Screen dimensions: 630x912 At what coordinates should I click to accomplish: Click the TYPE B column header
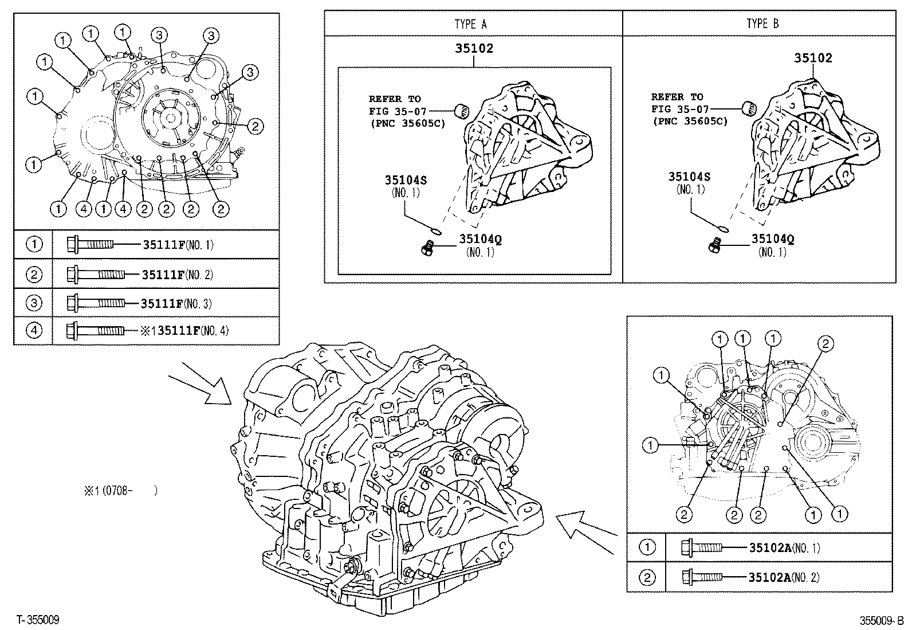coord(762,24)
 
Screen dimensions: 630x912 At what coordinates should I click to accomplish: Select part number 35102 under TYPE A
coord(474,49)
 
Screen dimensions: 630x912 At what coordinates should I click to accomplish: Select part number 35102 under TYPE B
coord(813,58)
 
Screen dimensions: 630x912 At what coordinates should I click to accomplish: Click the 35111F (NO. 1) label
coord(178,245)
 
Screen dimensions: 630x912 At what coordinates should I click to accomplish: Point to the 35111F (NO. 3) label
coord(176,303)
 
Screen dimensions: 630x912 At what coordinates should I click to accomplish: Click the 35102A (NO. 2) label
coord(784,576)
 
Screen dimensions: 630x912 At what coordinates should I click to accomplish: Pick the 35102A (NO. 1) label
coord(784,547)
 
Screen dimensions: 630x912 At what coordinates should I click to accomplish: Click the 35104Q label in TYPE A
coord(480,239)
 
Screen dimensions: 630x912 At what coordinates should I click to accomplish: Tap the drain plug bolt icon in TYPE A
coord(426,247)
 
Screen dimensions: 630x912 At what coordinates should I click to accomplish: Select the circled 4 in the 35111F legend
coord(34,331)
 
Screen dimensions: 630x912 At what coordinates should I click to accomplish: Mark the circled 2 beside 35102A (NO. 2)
coord(647,576)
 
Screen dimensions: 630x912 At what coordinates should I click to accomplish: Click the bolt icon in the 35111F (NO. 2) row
coord(95,274)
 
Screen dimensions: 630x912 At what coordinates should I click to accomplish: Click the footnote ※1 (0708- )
coord(120,491)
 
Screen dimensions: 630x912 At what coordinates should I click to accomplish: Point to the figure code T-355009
coord(38,620)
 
